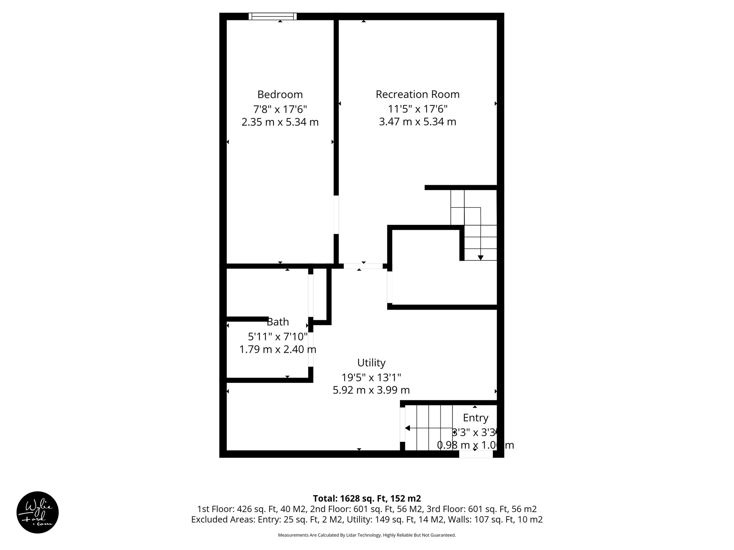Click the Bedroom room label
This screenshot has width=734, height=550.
click(280, 95)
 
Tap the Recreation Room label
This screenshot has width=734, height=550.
click(418, 94)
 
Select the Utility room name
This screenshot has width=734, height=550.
click(371, 363)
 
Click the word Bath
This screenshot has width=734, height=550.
click(278, 322)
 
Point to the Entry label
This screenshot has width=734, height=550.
click(476, 418)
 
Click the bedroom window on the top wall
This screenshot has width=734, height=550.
click(273, 16)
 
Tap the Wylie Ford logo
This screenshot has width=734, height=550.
click(38, 512)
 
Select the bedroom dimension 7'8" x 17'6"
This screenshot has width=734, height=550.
click(280, 108)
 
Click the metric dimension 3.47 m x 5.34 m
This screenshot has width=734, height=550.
click(418, 122)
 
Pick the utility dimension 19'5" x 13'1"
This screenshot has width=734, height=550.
click(371, 377)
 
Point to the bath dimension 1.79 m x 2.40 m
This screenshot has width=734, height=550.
click(278, 349)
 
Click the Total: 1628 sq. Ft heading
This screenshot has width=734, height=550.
click(367, 498)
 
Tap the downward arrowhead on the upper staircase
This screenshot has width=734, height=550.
click(481, 257)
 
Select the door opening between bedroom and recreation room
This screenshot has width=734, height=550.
click(336, 214)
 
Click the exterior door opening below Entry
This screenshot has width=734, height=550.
click(476, 454)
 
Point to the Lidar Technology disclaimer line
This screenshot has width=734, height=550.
click(367, 535)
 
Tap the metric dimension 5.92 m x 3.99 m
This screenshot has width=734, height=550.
click(371, 390)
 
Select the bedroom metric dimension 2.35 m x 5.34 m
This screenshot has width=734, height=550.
click(280, 122)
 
